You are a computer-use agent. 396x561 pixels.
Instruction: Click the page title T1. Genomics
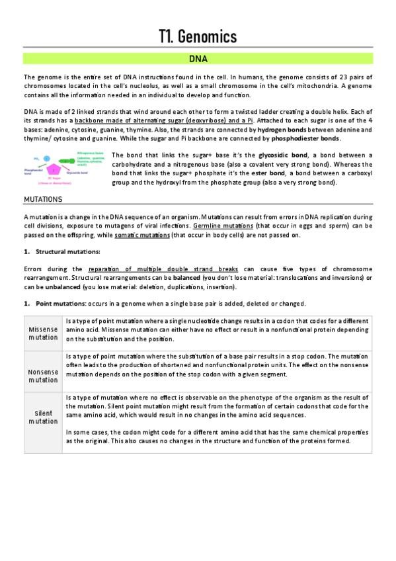point(198,37)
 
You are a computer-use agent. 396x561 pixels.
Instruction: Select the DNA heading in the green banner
point(198,60)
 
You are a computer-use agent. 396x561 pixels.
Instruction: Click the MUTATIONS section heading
point(43,198)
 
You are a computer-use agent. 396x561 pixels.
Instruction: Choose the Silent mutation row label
point(44,417)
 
